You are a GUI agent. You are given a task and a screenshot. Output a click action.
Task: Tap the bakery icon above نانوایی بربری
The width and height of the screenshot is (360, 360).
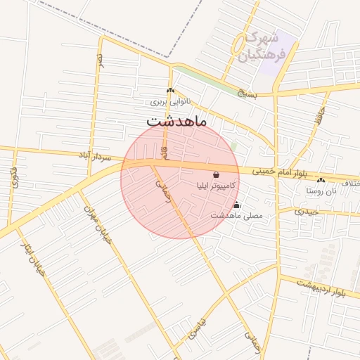170,91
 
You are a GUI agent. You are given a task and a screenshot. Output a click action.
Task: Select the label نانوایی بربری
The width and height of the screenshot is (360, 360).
169,102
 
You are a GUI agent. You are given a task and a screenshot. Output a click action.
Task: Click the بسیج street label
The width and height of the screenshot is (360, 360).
246,92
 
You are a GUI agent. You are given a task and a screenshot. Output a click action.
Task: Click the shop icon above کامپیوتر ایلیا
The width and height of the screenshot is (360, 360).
215,174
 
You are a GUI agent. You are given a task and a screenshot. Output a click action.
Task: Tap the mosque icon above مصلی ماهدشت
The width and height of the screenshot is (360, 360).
236,205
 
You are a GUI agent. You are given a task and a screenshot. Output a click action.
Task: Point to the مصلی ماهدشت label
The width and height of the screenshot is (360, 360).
236,216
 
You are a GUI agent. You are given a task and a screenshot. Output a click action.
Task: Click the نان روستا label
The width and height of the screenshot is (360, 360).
324,191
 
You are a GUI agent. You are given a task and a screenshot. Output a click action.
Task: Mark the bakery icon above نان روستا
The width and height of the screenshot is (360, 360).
321,180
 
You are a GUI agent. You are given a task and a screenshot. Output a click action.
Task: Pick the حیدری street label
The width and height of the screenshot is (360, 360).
307,211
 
